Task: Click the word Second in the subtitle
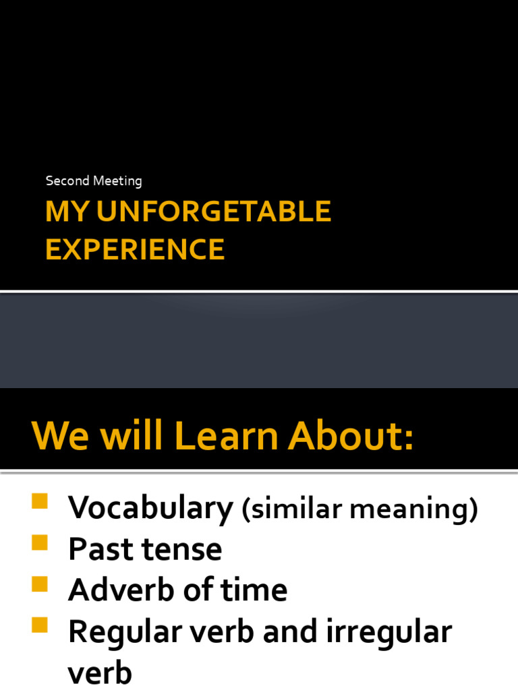pyautogui.click(x=66, y=181)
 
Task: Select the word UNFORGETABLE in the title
pyautogui.click(x=214, y=212)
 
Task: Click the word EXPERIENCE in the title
pyautogui.click(x=135, y=249)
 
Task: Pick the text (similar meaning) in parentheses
pyautogui.click(x=359, y=510)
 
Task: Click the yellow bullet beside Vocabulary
pyautogui.click(x=39, y=501)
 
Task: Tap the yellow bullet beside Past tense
pyautogui.click(x=39, y=542)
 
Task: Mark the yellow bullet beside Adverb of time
pyautogui.click(x=39, y=583)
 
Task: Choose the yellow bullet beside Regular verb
pyautogui.click(x=39, y=625)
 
